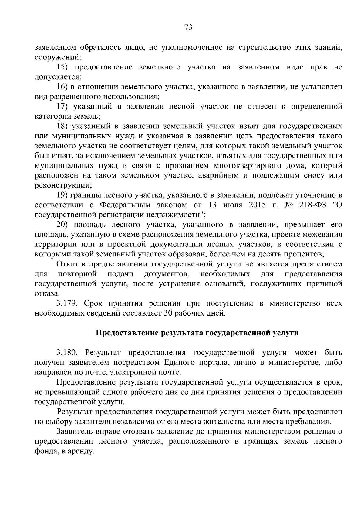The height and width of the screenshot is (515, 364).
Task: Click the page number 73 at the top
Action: coord(188,28)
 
